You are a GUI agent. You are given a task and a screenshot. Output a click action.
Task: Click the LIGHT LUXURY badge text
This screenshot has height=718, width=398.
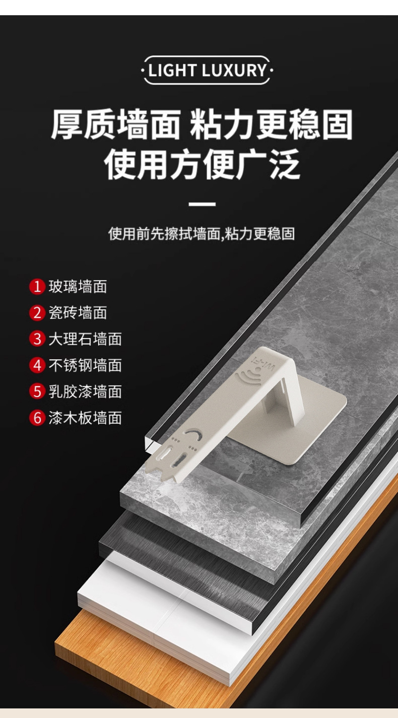207,70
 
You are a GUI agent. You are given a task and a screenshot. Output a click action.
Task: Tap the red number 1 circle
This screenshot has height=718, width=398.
37,287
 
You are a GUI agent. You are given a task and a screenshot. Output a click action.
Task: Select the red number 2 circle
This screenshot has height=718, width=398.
37,313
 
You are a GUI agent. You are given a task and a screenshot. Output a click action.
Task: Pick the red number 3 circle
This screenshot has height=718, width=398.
37,339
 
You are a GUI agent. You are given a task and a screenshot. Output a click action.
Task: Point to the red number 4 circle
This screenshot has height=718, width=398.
37,365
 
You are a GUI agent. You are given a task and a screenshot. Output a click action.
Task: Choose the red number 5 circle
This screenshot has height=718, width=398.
37,391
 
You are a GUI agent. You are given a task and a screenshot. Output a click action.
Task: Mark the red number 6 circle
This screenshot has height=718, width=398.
37,418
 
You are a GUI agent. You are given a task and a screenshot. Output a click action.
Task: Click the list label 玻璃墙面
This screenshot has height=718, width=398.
78,287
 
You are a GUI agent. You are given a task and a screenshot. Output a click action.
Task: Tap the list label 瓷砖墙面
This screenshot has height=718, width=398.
78,313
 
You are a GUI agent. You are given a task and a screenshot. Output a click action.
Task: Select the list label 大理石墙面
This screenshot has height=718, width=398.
85,339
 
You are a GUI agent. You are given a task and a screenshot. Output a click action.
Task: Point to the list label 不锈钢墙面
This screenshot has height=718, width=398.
85,365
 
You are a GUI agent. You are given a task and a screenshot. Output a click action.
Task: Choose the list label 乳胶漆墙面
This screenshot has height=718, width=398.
85,391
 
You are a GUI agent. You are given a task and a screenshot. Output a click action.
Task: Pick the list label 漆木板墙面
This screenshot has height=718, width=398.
85,418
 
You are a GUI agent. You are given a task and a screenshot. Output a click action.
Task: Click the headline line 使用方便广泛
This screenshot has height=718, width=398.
202,165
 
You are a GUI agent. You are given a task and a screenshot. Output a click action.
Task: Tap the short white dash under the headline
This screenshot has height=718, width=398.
202,204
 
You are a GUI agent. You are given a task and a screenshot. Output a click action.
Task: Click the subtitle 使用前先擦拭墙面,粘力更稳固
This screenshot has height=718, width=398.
202,234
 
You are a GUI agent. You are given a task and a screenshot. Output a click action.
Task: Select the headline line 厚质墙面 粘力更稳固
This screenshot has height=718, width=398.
202,124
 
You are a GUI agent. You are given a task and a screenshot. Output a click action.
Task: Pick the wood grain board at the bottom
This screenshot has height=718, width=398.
126,655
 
